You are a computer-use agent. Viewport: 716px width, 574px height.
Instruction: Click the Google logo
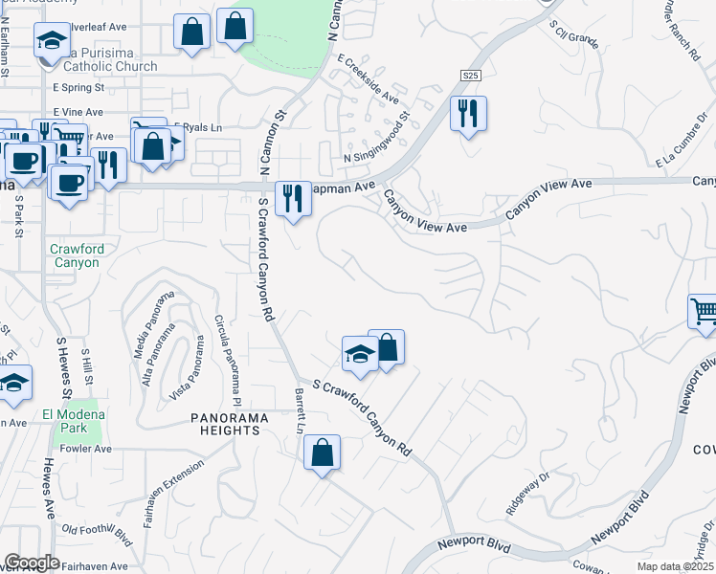click(x=32, y=563)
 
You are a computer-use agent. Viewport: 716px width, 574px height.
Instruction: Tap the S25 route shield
click(x=469, y=76)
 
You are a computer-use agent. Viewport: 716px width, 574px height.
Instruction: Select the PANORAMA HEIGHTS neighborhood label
click(x=225, y=424)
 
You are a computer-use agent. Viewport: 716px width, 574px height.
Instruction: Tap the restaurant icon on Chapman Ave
click(x=293, y=199)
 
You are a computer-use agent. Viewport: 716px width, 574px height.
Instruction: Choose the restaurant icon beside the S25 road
click(x=468, y=113)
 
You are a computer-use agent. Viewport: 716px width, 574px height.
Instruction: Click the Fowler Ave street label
click(x=86, y=448)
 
